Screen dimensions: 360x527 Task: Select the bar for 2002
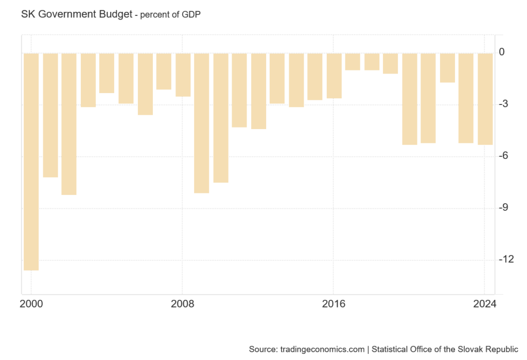69,123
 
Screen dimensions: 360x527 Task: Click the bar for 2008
183,75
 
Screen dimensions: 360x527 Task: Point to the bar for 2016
334,75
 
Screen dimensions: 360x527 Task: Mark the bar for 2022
448,67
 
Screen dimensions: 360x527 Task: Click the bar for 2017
353,61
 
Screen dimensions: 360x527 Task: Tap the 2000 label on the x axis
31,303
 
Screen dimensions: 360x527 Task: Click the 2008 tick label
183,303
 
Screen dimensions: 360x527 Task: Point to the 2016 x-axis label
334,303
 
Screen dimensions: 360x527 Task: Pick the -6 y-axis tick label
507,156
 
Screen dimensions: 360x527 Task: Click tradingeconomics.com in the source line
321,349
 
